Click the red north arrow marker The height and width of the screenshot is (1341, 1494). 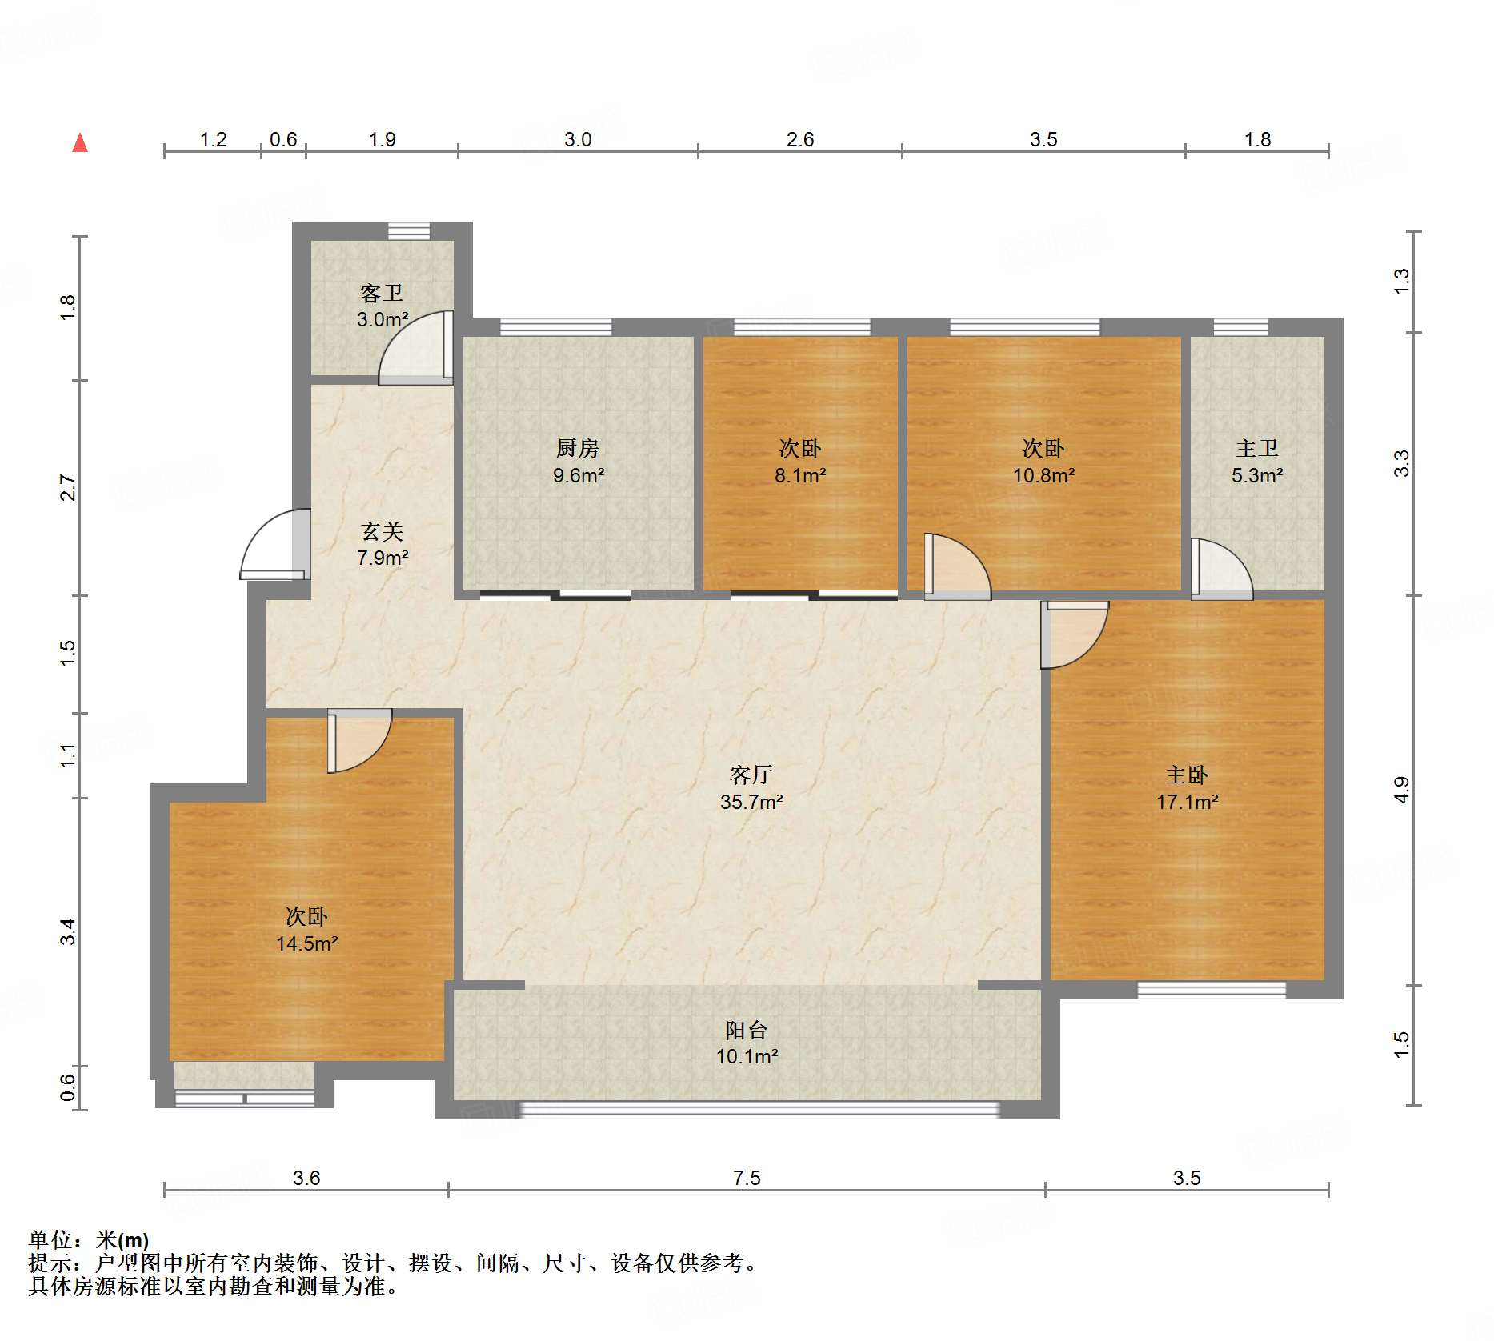point(80,142)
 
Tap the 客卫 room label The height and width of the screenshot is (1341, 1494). point(382,294)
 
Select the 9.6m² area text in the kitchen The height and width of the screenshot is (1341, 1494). point(579,475)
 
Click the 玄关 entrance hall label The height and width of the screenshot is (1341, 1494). point(382,531)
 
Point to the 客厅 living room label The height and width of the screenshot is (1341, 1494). point(751,775)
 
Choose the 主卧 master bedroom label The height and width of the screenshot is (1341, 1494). point(1187,775)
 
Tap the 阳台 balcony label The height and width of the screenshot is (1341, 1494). point(747,1030)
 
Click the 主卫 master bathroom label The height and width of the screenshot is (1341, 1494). point(1257,449)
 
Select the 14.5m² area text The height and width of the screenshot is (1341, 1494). point(307,943)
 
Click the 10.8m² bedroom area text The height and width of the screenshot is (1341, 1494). point(1043,475)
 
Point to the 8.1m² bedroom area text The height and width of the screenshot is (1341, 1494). point(800,475)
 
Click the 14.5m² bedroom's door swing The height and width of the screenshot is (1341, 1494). point(359,741)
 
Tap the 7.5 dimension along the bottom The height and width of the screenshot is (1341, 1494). point(747,1178)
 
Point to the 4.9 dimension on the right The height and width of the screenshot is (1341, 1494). point(1402,791)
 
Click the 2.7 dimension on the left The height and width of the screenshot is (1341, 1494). point(68,487)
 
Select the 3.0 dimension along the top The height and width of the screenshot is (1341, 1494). point(578,139)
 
